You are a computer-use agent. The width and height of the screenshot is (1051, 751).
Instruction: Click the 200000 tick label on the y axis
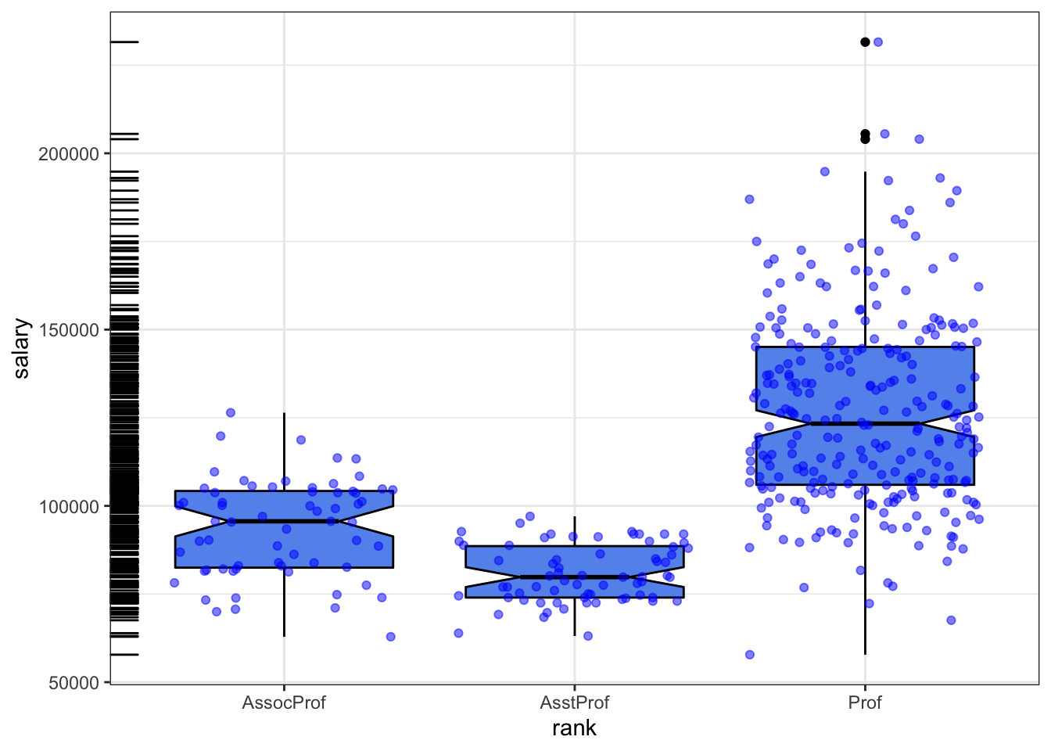click(x=69, y=154)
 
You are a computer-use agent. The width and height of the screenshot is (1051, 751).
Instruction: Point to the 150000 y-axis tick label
click(x=69, y=330)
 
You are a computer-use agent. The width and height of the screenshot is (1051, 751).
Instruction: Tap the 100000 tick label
click(x=69, y=507)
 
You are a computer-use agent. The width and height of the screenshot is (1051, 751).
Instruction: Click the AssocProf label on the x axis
click(x=284, y=702)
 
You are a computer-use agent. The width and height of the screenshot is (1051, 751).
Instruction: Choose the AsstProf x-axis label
click(x=575, y=702)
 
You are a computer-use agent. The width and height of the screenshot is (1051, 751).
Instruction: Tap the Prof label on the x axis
click(x=865, y=702)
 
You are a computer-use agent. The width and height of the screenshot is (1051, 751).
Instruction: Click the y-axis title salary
click(x=22, y=348)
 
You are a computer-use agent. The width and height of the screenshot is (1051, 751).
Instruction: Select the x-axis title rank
click(x=575, y=728)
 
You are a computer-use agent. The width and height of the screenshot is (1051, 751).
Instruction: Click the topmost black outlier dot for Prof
click(x=865, y=42)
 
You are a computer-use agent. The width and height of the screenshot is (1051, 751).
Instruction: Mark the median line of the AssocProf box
click(x=284, y=521)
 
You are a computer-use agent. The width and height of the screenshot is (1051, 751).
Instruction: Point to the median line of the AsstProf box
click(x=575, y=577)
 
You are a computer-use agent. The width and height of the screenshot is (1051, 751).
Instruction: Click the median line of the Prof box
click(x=865, y=423)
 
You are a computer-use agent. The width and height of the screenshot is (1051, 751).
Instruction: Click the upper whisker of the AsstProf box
click(x=575, y=531)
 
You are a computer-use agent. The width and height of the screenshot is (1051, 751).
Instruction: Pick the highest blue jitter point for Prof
click(x=878, y=42)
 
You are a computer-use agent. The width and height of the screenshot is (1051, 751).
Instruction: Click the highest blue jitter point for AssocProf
click(x=231, y=412)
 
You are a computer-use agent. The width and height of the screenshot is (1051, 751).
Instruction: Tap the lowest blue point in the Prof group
click(x=750, y=655)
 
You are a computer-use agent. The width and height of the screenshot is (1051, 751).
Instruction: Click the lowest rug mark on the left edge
click(x=124, y=655)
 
